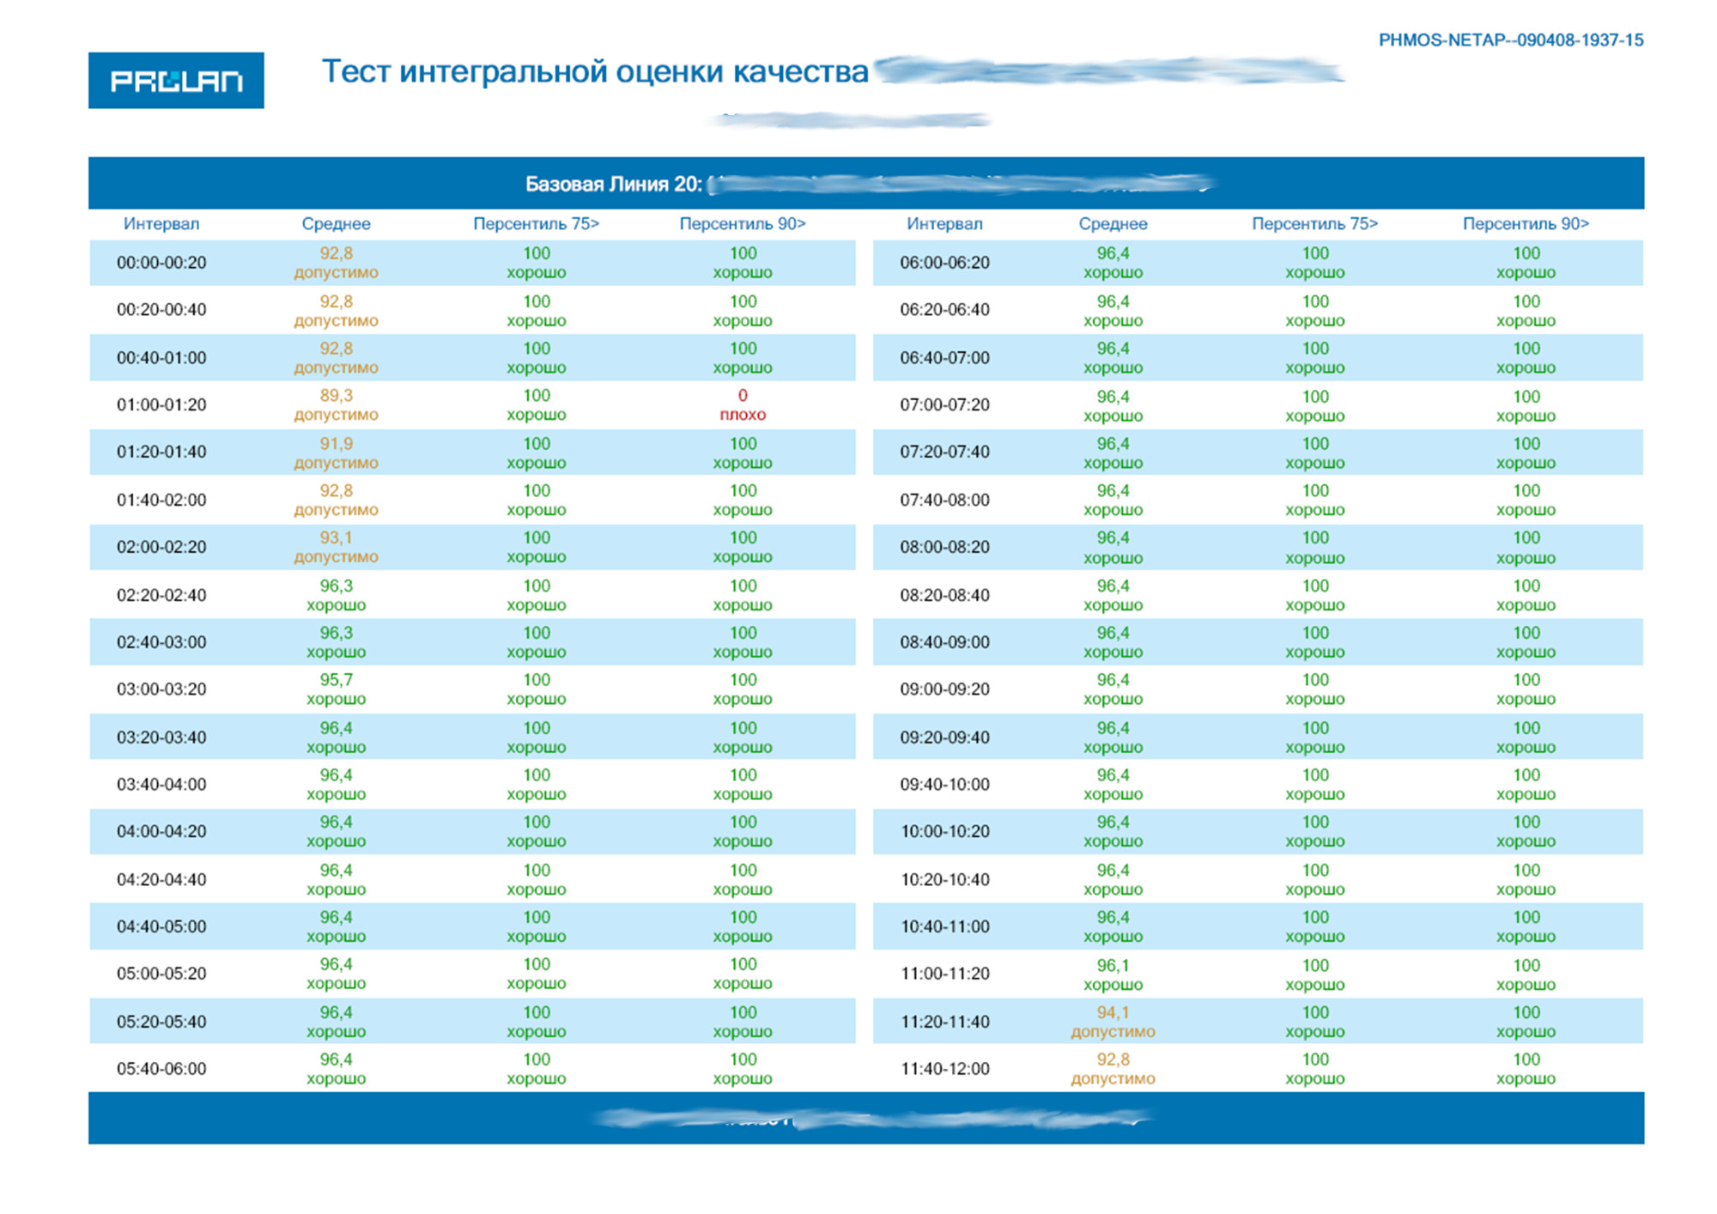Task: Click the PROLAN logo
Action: pos(176,81)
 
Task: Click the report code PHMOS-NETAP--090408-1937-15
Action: pos(1510,40)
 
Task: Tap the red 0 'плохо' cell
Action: pos(743,404)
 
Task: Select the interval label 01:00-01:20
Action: pos(161,405)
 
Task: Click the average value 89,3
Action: pos(336,396)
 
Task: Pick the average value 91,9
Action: pos(336,444)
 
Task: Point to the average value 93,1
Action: pos(336,538)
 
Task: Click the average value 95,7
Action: pos(336,680)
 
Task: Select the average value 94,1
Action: pos(1113,1013)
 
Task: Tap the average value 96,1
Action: pos(1113,965)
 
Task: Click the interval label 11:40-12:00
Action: pos(944,1069)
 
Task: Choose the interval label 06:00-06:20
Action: pos(944,263)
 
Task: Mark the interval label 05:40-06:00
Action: pos(161,1069)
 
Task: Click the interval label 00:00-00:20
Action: pos(161,263)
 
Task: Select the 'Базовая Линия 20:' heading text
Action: pos(613,185)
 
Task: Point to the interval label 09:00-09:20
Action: pos(944,689)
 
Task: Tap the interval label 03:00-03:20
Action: pos(161,689)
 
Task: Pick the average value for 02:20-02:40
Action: pos(336,586)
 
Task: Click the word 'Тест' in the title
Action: pos(355,71)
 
